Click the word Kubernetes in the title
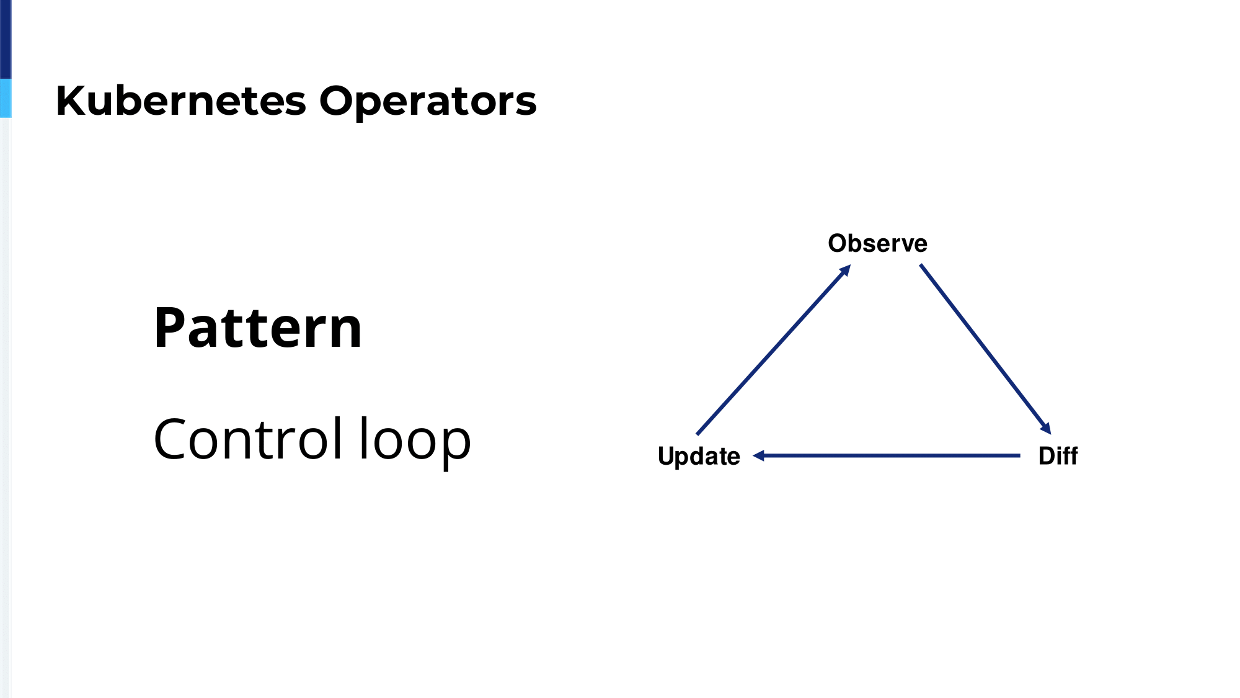tap(181, 101)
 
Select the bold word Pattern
tap(258, 327)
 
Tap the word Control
tap(248, 439)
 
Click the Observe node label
tap(877, 243)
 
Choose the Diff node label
tap(1058, 456)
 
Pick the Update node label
tap(699, 457)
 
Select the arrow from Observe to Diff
tap(985, 349)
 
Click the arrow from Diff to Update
tap(887, 455)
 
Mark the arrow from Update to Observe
tap(773, 350)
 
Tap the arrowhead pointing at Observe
tap(845, 271)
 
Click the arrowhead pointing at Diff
tap(1046, 428)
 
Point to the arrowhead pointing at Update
tap(758, 455)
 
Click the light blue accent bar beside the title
tap(6, 98)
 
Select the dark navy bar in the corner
tap(6, 39)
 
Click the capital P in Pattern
tap(169, 328)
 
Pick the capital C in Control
tap(172, 439)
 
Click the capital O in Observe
tap(838, 243)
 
